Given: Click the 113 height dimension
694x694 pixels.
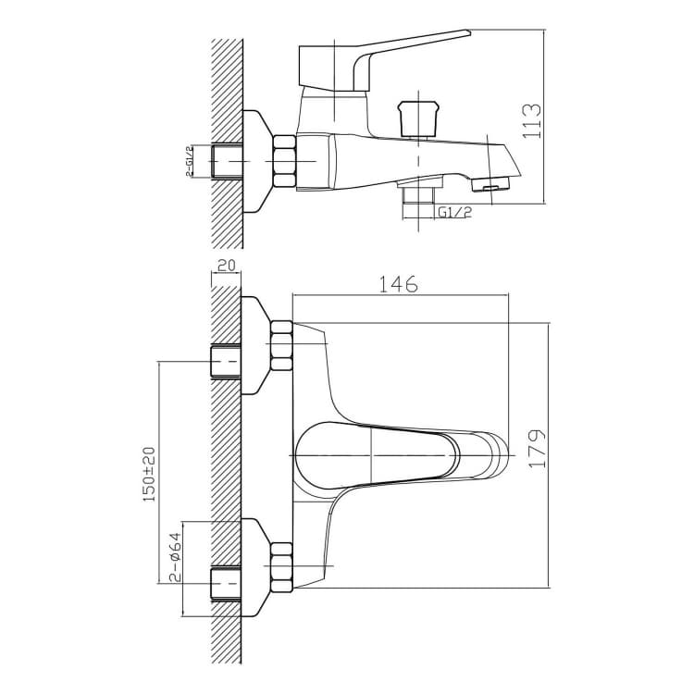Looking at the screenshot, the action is pos(531,121).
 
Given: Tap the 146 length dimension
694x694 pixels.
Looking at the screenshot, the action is pos(399,284).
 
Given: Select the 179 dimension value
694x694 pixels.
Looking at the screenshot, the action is pos(537,448).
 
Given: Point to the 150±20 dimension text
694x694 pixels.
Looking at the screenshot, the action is pos(149,474).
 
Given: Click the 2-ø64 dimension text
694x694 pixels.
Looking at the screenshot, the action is pos(175,556).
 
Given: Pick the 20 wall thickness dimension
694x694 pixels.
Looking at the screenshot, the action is pos(227,266).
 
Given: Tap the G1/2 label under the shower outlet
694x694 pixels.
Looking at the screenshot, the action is pos(454,213).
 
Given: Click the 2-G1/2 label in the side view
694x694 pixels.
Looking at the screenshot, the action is pos(190,161).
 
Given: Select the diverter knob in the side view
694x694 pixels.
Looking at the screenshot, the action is pos(418,118).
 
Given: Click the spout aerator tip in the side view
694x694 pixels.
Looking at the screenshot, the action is pos(491,183).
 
